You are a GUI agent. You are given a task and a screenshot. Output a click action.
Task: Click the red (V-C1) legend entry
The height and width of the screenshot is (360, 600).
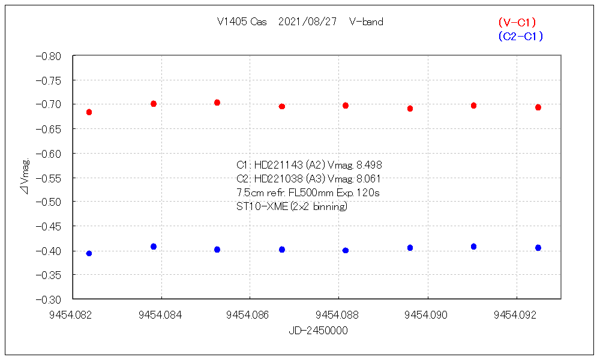[x=517, y=22]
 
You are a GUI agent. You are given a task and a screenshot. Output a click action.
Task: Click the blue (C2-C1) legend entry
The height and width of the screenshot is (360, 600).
[x=520, y=37]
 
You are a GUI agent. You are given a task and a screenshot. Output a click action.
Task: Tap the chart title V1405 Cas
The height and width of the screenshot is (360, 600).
[x=242, y=22]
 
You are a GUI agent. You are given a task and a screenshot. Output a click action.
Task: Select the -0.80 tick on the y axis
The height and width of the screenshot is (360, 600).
[x=49, y=56]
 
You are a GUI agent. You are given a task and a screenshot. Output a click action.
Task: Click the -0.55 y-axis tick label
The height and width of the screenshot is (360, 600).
[x=49, y=178]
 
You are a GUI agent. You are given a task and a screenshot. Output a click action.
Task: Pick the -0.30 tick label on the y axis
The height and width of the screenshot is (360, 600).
[x=49, y=299]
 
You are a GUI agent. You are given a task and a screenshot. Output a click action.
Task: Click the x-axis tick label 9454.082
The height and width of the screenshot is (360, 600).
[x=72, y=313]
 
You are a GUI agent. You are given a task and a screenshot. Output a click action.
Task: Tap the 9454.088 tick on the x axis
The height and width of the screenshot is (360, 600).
[x=338, y=313]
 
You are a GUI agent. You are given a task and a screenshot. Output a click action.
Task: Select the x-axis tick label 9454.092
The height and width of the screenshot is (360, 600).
[x=516, y=313]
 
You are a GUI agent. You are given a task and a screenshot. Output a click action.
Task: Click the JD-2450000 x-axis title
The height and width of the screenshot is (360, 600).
[x=318, y=331]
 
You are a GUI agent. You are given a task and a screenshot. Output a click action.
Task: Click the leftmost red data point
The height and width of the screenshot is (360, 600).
[x=89, y=112]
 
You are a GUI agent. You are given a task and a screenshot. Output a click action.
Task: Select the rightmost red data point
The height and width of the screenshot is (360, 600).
[x=538, y=107]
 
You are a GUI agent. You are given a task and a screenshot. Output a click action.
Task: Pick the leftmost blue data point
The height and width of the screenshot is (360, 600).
[x=89, y=253]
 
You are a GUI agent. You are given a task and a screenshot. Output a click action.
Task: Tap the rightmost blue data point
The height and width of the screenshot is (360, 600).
[x=538, y=248]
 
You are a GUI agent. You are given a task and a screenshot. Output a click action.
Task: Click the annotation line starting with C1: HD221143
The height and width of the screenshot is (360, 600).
[x=309, y=165]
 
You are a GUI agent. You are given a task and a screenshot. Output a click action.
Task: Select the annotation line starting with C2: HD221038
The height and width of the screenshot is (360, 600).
[x=309, y=179]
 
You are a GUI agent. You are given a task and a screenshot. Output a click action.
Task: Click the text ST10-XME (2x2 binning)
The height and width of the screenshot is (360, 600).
[x=292, y=207]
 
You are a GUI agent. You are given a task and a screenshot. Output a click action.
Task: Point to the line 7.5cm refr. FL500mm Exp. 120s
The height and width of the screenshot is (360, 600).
[x=308, y=193]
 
